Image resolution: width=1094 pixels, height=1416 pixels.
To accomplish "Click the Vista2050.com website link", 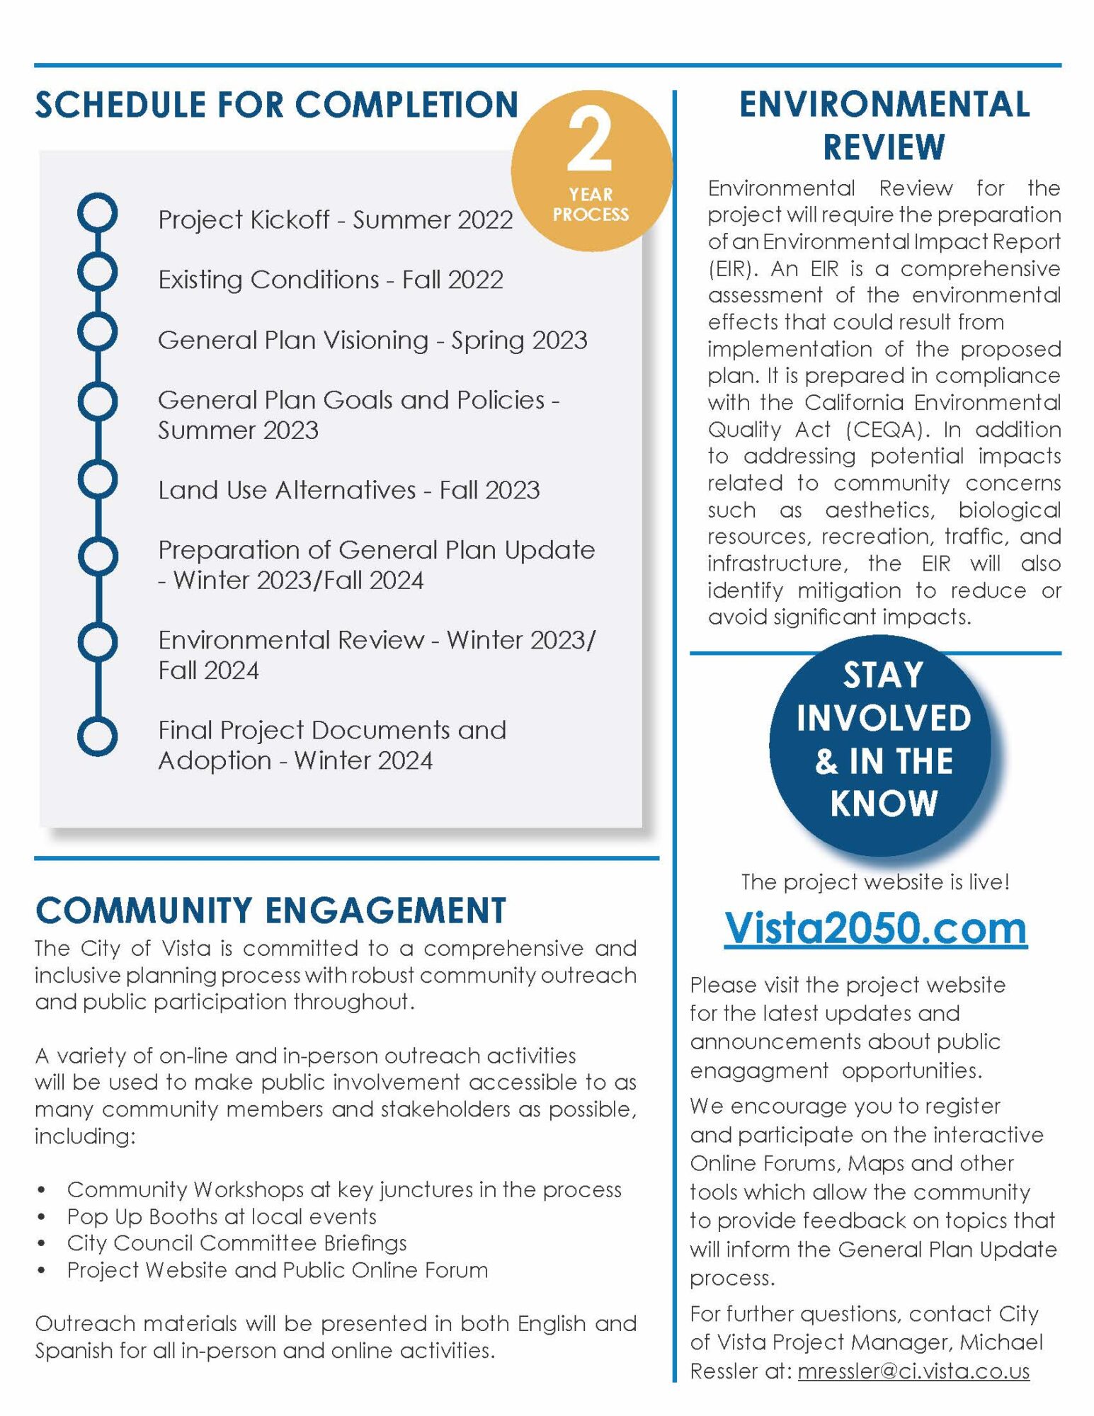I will click(x=875, y=927).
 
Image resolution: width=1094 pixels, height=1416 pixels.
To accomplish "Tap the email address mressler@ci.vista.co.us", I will click(x=913, y=1371).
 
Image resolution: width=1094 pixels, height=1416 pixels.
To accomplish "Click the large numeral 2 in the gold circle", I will click(x=589, y=142).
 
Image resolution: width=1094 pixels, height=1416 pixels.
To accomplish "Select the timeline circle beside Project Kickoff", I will click(x=98, y=212).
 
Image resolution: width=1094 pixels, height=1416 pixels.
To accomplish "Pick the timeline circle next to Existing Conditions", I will click(x=98, y=272).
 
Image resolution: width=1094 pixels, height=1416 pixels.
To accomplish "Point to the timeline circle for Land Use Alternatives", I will click(x=98, y=479).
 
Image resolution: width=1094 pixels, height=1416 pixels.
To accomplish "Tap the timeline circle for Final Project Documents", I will click(x=98, y=736).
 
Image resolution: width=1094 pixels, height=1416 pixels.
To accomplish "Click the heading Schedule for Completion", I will click(x=277, y=105).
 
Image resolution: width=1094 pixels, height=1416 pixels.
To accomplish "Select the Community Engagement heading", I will click(x=270, y=910).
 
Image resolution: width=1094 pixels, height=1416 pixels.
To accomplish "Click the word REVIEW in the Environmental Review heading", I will click(x=884, y=147).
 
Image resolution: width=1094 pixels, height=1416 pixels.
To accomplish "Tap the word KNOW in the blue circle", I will click(x=884, y=804).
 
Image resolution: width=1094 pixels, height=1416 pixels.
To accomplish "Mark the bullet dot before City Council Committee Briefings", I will click(x=42, y=1244).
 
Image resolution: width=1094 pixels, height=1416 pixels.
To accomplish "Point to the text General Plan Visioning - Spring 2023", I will click(x=372, y=341).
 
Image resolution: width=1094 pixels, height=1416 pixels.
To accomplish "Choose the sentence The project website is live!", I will click(x=875, y=882).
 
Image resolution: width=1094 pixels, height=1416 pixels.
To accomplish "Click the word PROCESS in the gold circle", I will click(x=591, y=215).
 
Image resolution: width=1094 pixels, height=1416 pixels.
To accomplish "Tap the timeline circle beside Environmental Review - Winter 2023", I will click(x=98, y=642).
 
